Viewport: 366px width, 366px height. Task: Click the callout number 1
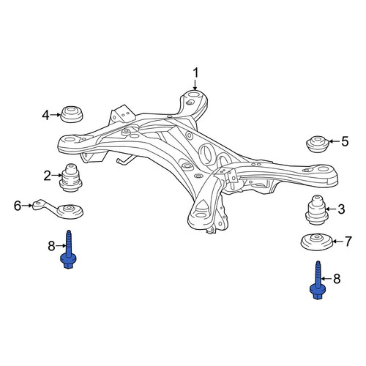coord(195,73)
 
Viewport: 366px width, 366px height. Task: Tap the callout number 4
coord(46,115)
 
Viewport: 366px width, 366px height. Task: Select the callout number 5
coord(345,141)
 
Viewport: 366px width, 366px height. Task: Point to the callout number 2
coord(48,176)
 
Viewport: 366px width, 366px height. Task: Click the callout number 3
coord(341,209)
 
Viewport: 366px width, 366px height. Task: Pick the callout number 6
coord(18,206)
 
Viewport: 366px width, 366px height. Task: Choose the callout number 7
coord(348,241)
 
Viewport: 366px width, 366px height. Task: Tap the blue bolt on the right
coord(318,280)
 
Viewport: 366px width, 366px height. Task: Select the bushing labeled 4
coord(72,114)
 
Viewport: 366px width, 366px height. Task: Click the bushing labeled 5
coord(318,144)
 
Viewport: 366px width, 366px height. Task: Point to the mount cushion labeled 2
coord(71,177)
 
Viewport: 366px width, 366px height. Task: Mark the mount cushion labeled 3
coord(316,209)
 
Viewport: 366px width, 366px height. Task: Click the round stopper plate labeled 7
coord(316,242)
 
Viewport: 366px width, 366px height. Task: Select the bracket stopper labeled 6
coord(59,209)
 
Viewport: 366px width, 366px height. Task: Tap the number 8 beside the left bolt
coord(51,246)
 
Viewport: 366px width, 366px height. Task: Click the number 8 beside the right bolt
coord(337,278)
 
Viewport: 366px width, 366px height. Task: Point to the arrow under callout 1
coord(195,85)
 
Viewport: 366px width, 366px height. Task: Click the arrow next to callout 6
coord(27,206)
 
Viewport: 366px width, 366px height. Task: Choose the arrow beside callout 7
coord(338,242)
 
